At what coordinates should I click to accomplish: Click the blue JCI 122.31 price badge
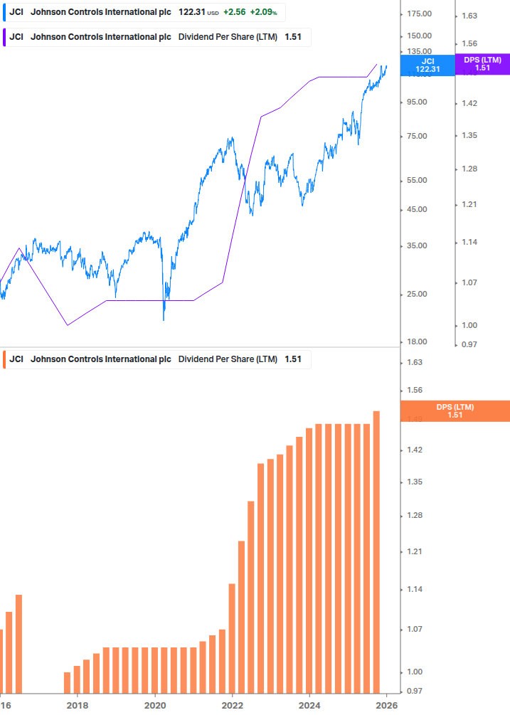[427, 65]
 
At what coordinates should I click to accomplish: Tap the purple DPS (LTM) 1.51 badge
[483, 64]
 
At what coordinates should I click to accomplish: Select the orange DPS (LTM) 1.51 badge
[455, 411]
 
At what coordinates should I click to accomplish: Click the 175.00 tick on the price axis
[418, 14]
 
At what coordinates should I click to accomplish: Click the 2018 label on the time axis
[77, 705]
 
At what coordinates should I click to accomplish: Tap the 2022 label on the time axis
[232, 705]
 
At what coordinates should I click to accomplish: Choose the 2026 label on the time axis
[386, 705]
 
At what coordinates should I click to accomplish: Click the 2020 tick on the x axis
[154, 705]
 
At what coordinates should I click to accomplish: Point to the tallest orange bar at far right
[376, 551]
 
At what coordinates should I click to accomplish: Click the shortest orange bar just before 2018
[68, 682]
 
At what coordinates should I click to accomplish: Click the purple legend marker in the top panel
[4, 37]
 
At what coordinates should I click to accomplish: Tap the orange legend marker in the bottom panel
[4, 359]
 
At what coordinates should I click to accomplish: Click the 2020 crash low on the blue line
[164, 319]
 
